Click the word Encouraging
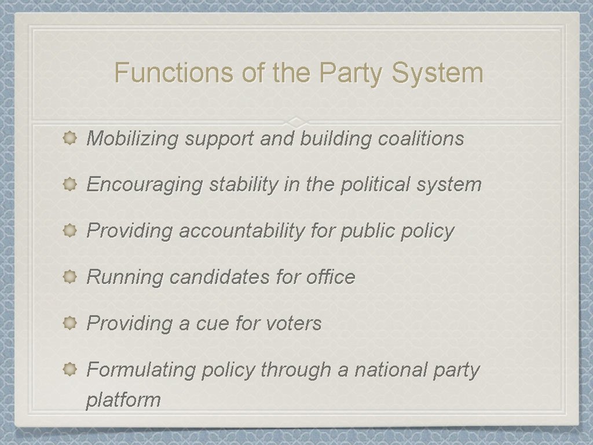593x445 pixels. point(145,185)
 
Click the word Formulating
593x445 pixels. point(141,370)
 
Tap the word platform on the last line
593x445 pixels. point(123,400)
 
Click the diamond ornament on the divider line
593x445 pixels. point(296,122)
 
